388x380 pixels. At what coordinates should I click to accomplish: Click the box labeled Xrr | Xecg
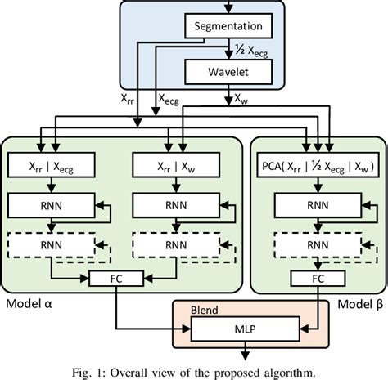pyautogui.click(x=55, y=167)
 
